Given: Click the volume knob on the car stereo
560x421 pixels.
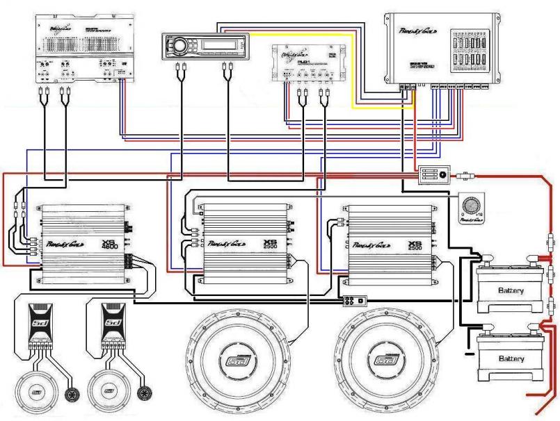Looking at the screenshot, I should tap(179, 47).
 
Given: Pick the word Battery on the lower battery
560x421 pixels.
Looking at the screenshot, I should tap(510, 358).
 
